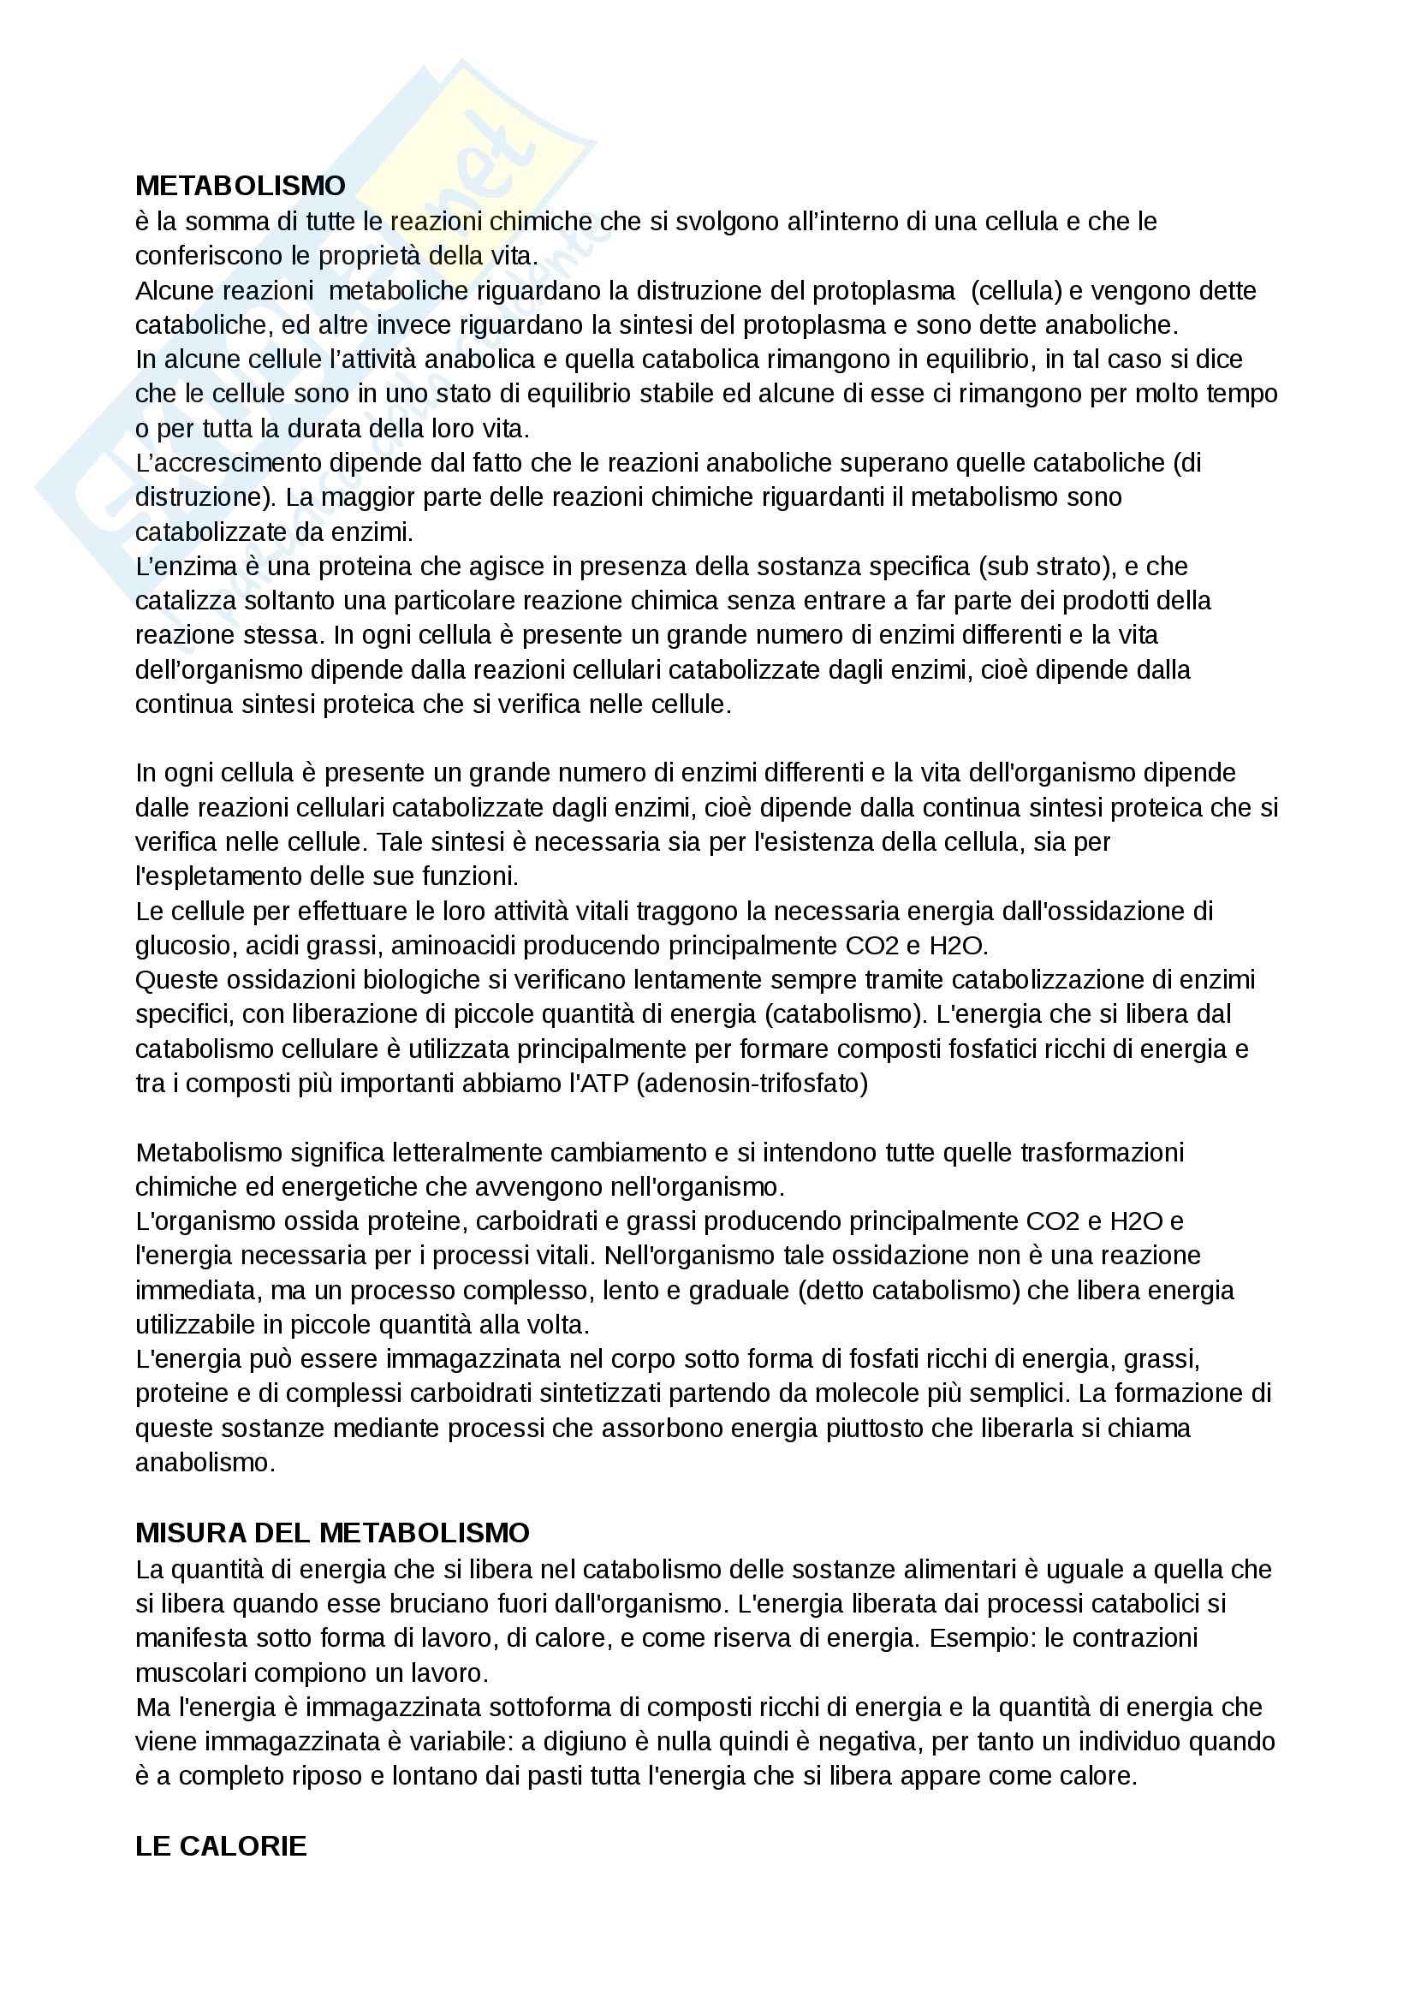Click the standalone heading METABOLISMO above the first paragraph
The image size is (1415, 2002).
click(x=240, y=186)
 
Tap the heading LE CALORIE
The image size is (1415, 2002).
click(x=221, y=1846)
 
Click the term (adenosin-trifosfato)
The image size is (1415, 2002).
click(x=753, y=1084)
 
